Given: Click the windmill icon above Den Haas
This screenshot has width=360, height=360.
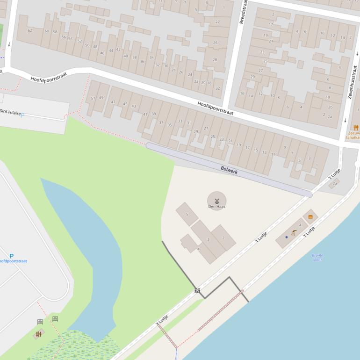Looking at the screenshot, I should point(217,200).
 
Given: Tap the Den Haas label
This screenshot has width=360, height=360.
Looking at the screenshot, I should point(216,207).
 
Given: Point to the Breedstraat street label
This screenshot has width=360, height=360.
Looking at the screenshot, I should point(243,12).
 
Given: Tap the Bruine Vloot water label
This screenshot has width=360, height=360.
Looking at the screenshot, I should point(317,257).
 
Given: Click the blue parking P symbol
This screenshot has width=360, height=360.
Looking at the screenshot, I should point(11,256).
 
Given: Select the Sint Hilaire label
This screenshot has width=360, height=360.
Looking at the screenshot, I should point(10,112).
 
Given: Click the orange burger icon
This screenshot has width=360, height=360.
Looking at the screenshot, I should point(310,216).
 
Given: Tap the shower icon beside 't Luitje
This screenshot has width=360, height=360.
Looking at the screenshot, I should point(294,232).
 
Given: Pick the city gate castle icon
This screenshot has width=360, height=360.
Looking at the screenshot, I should point(197,290).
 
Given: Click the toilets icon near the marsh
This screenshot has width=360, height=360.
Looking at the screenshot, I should point(38,334).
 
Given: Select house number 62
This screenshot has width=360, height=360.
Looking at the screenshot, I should point(30,30).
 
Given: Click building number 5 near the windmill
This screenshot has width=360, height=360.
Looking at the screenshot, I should point(187,215).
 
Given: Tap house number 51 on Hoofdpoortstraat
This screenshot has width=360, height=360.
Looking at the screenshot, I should point(93,98).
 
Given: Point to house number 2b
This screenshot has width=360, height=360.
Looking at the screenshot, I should point(330,107).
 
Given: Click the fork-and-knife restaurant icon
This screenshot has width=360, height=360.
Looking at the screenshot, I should point(356,128).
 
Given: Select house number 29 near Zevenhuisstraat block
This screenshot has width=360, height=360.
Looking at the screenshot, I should point(252,77).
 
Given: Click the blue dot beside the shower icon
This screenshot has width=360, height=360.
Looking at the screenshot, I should point(287,237).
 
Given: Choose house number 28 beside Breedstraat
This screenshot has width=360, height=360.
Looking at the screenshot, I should point(215,59).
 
